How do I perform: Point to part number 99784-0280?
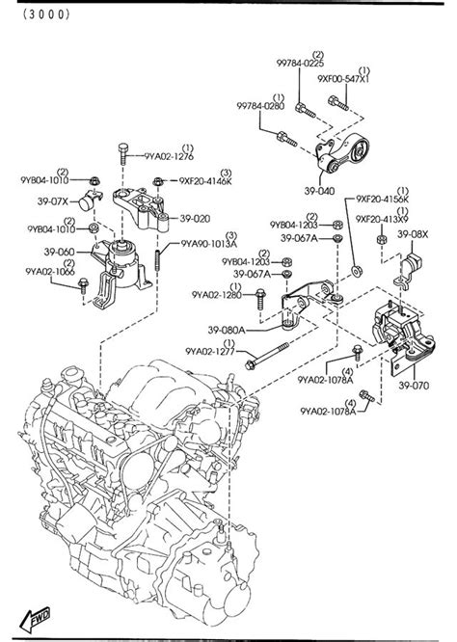(x=261, y=108)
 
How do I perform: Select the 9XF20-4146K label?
(x=205, y=179)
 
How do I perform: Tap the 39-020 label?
(x=194, y=219)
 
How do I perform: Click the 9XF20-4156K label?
(x=382, y=199)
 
